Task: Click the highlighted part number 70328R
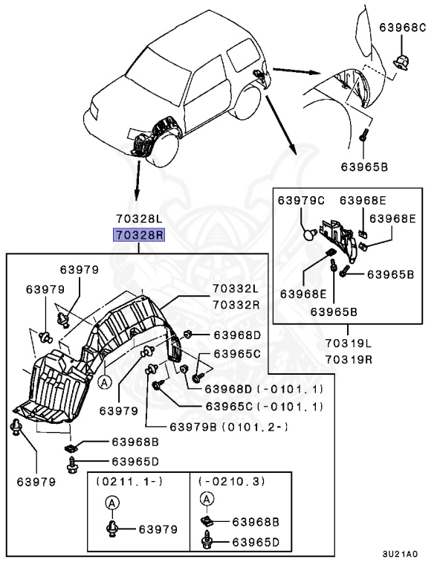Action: pyautogui.click(x=139, y=235)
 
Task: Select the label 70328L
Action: pyautogui.click(x=139, y=219)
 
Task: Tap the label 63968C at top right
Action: pyautogui.click(x=402, y=28)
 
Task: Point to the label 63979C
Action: pyautogui.click(x=301, y=200)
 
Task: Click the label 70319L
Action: pyautogui.click(x=348, y=343)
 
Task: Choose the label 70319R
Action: pyautogui.click(x=348, y=359)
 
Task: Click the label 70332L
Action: pyautogui.click(x=236, y=288)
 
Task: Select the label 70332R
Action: pyautogui.click(x=236, y=304)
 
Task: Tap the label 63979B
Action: pyautogui.click(x=193, y=427)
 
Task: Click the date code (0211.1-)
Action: pyautogui.click(x=129, y=482)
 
